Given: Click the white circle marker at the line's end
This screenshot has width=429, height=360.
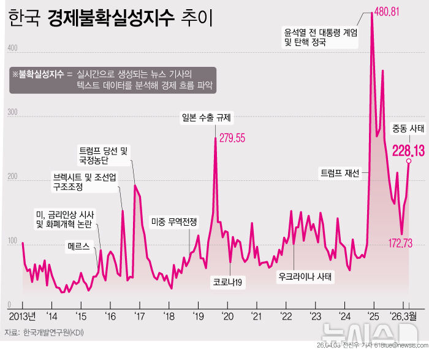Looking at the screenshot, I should [409, 161].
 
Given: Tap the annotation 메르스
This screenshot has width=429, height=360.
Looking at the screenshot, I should [79, 247].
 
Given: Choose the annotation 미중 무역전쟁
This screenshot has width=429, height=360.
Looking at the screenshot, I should [174, 223].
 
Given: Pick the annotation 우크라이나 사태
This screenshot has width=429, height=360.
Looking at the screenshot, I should [304, 276].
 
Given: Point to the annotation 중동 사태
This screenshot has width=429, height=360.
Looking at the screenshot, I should [409, 128].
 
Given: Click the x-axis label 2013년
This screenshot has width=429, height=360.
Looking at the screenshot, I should [23, 316].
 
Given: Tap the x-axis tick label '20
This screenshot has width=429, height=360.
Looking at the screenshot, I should [227, 316].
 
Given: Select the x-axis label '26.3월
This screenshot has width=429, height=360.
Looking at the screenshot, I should [405, 316].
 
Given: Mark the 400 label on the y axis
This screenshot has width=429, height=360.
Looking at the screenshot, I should [12, 48].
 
